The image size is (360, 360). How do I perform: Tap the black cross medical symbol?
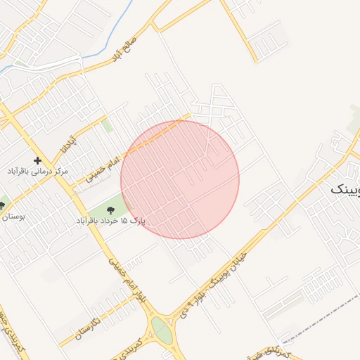pos(37,160)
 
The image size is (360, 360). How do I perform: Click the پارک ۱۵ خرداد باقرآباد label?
pos(110,221)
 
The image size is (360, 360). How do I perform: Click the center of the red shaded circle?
pos(180,179)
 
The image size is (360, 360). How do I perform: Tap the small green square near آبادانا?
pos(107,126)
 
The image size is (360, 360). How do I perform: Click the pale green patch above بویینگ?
pos(354,124)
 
